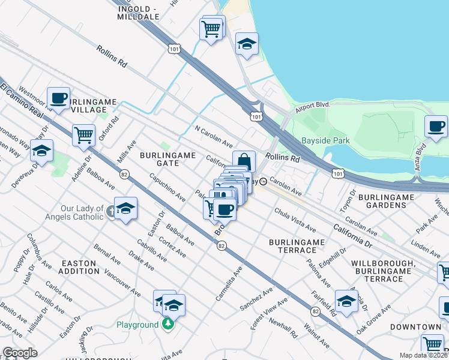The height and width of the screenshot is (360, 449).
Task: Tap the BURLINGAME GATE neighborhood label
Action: point(168,159)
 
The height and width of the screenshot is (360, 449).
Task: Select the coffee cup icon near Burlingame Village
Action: point(59,97)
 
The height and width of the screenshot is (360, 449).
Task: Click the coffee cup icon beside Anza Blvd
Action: point(436,127)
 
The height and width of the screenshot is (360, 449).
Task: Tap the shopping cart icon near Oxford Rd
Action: point(83,134)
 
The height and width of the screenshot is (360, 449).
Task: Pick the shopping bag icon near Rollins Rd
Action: point(244,161)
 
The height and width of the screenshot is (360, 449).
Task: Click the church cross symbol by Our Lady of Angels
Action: point(112,212)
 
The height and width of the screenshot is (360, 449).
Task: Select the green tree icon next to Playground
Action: point(169,325)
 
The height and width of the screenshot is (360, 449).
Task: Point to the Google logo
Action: point(20,353)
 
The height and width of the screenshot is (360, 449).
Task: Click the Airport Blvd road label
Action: point(313,107)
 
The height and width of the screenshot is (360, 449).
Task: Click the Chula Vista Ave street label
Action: point(295,220)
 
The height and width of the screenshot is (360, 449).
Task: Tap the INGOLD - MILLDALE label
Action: point(140,12)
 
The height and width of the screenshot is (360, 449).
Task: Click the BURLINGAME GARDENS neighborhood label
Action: point(382,201)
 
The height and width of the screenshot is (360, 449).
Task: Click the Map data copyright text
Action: point(423,355)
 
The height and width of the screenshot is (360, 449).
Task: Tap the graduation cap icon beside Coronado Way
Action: point(41,151)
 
